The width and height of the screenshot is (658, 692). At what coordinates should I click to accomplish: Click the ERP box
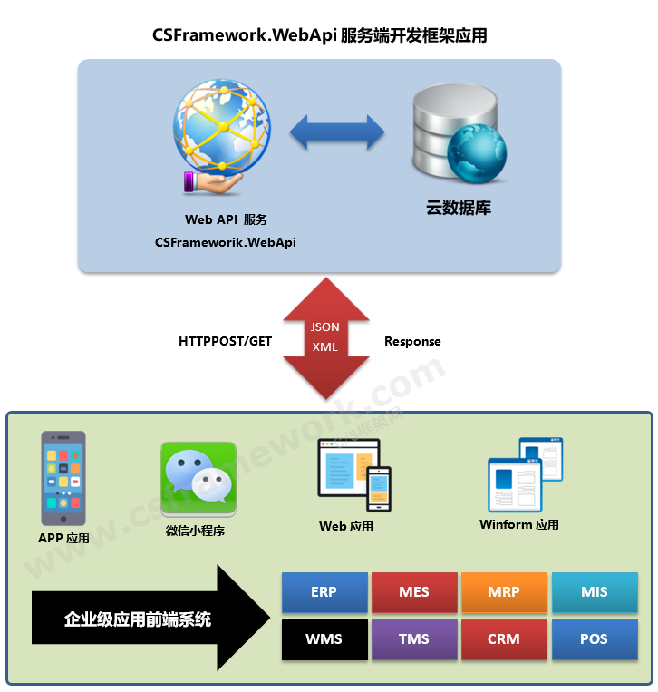click(324, 592)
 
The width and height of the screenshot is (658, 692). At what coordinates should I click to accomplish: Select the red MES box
click(413, 592)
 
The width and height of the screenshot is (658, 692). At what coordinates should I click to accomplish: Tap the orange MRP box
click(504, 592)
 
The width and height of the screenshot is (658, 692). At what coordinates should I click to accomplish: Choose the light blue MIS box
click(594, 592)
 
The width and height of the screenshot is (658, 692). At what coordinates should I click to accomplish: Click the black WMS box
click(324, 639)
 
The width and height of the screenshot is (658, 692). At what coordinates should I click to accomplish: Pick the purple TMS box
click(413, 639)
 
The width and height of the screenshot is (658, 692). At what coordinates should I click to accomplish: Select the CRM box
click(504, 639)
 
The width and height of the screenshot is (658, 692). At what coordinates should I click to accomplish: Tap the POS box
click(594, 639)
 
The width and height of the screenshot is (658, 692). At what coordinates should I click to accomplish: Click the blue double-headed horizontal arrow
click(337, 132)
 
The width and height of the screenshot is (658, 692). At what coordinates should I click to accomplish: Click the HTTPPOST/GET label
click(225, 342)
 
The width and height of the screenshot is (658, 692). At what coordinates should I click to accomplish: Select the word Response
click(412, 342)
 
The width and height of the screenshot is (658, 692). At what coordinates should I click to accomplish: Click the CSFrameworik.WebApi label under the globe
click(226, 242)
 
